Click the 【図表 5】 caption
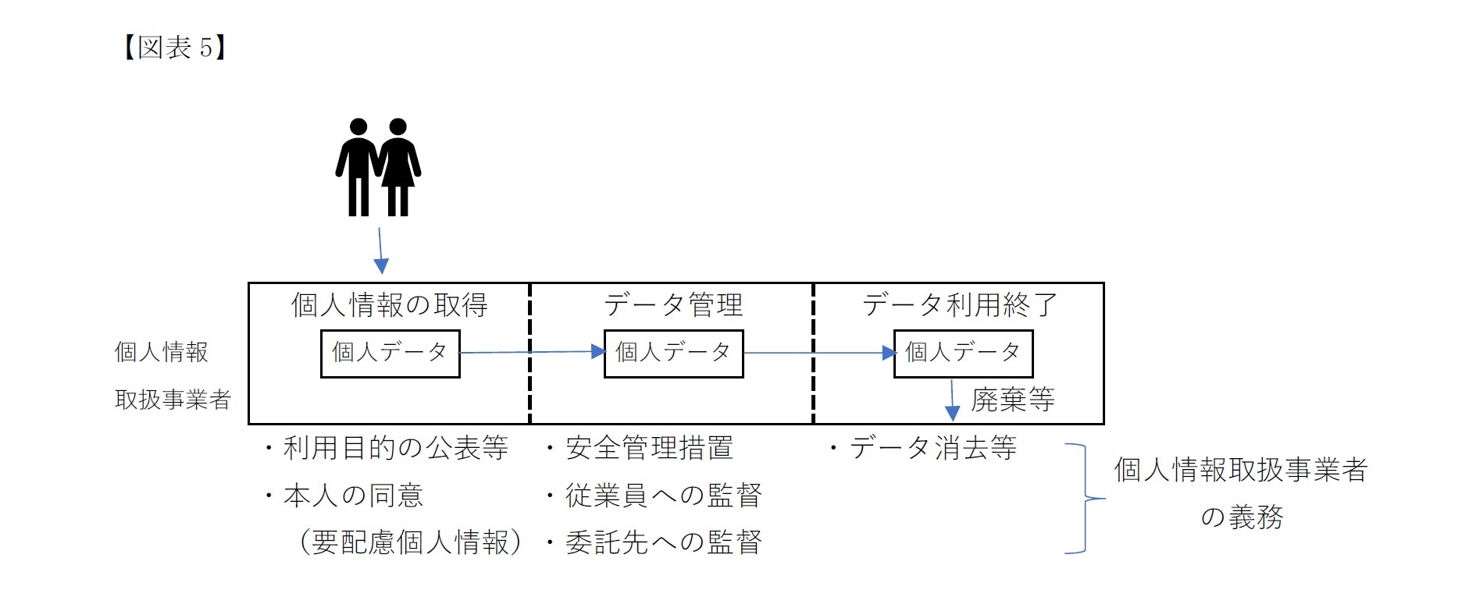click(x=174, y=48)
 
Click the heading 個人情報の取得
click(x=389, y=305)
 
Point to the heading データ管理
click(x=672, y=305)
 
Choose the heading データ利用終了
click(x=960, y=305)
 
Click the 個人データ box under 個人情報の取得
click(x=390, y=354)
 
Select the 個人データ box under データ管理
click(x=673, y=354)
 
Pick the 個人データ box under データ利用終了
click(x=963, y=354)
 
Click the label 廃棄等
click(x=1012, y=400)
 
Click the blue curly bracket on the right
click(x=1084, y=498)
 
